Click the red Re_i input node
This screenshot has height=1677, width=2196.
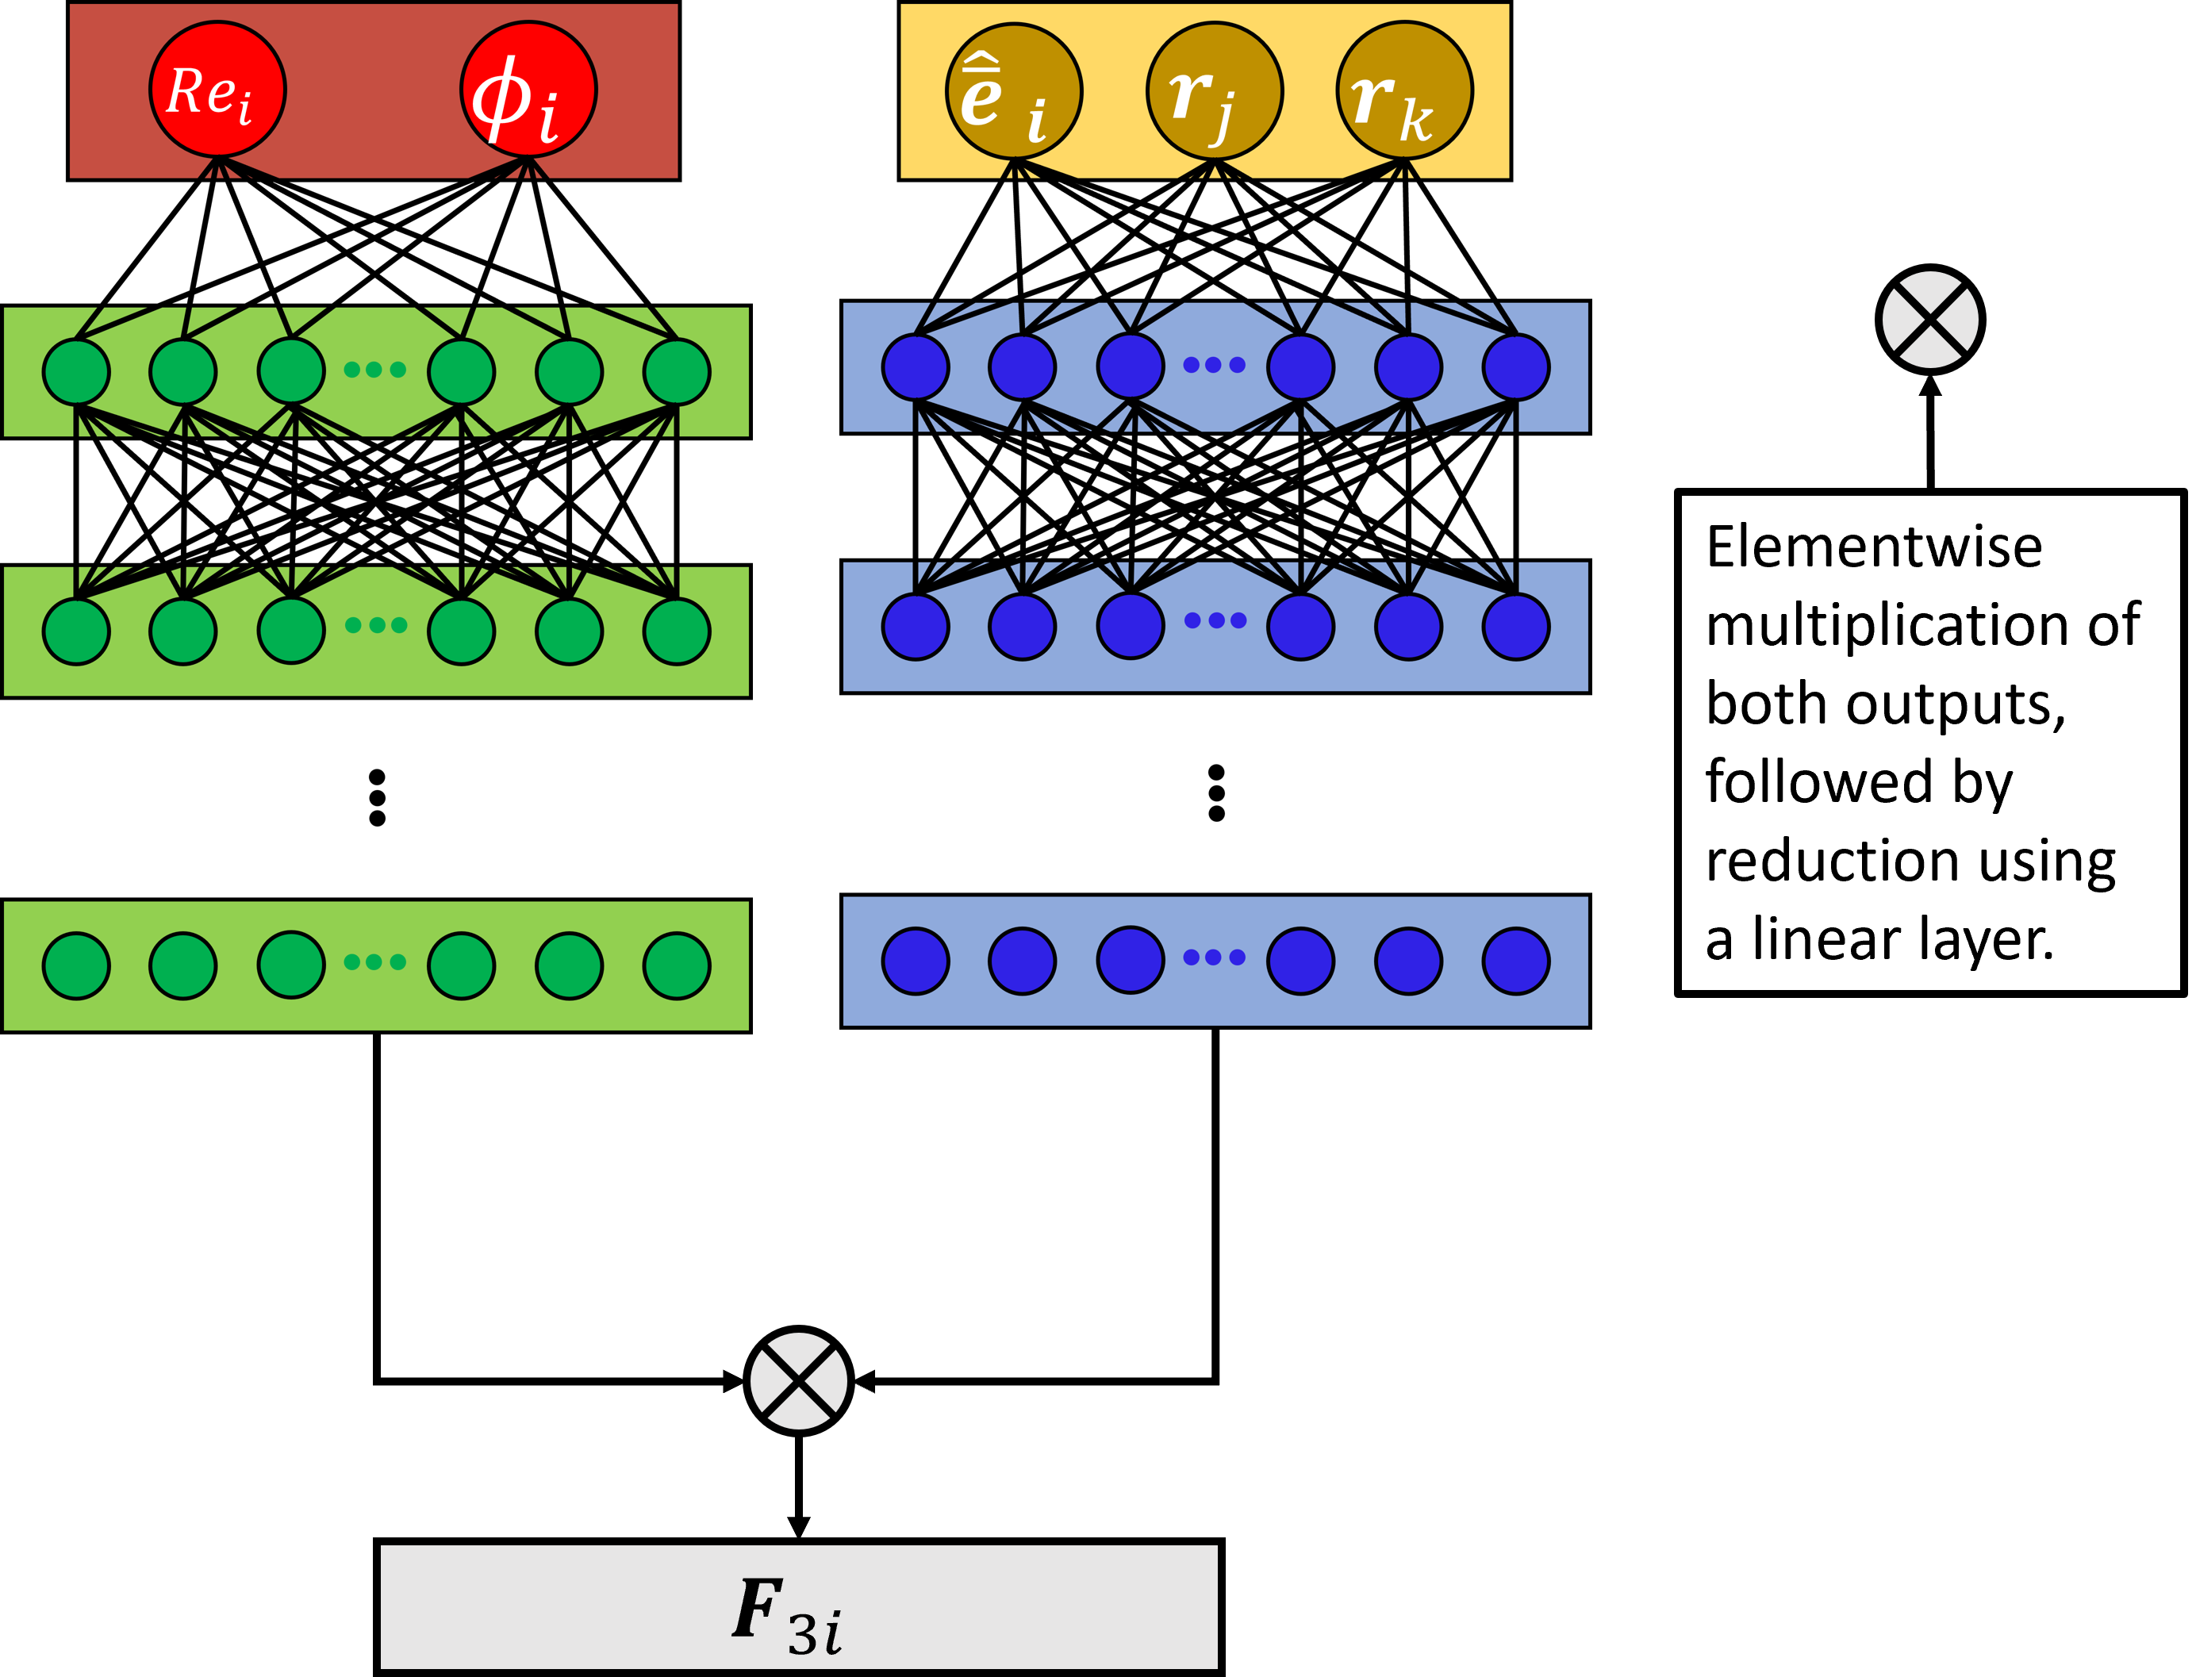217,90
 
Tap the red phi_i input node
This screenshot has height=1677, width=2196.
528,90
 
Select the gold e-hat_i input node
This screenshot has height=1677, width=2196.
1014,92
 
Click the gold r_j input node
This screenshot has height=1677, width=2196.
1215,92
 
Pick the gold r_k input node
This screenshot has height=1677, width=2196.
1404,91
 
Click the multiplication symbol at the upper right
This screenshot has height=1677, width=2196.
1930,320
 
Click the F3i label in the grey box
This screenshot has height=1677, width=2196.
788,1612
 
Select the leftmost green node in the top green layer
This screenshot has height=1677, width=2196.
76,371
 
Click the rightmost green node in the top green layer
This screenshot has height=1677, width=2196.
677,371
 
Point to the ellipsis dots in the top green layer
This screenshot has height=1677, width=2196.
374,370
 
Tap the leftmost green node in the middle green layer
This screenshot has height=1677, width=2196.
76,631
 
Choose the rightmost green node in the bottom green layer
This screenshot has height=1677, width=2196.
677,965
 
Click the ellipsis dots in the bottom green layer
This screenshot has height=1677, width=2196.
374,962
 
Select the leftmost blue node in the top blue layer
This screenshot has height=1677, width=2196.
916,367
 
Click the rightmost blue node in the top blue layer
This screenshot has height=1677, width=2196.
1516,367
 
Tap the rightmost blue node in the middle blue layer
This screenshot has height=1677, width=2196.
1516,627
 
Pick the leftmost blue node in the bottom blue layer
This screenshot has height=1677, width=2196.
916,961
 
